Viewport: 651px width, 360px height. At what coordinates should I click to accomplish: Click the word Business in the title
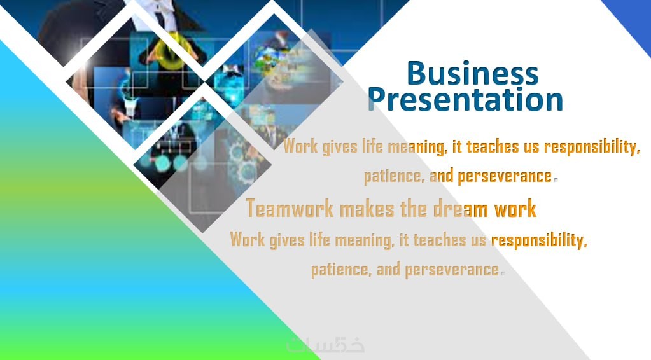tap(472, 73)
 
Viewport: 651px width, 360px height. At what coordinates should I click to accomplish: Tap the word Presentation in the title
tap(465, 99)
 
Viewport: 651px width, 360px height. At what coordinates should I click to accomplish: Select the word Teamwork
tap(290, 208)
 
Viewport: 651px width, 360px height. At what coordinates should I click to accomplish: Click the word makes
tap(367, 208)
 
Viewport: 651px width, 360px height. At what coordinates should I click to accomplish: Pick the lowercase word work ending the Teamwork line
tap(515, 208)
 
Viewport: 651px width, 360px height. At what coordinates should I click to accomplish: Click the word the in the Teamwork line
tap(414, 208)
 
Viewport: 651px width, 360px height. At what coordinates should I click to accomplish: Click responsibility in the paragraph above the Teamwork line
tap(592, 147)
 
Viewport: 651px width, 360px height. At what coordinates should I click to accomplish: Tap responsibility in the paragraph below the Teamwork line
tap(539, 240)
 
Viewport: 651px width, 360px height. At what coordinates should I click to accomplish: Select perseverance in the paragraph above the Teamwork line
tap(505, 176)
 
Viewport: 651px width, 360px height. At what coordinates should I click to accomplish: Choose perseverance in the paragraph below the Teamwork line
tap(452, 270)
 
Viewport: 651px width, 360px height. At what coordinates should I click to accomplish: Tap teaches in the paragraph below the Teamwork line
tap(439, 240)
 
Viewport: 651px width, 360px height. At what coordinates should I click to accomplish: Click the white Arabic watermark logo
tap(326, 345)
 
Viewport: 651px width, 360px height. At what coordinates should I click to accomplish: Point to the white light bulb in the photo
tap(130, 106)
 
